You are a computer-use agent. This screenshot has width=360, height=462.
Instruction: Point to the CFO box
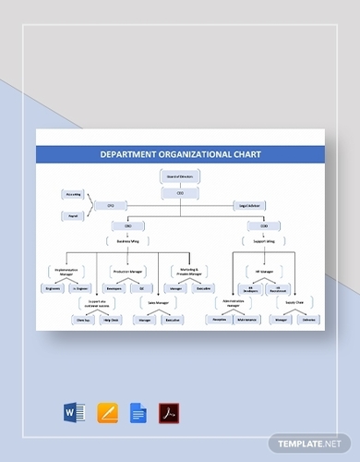(x=111, y=204)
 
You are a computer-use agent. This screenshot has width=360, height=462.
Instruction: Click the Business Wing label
(x=127, y=241)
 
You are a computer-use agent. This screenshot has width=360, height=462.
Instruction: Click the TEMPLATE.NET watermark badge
(x=314, y=444)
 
